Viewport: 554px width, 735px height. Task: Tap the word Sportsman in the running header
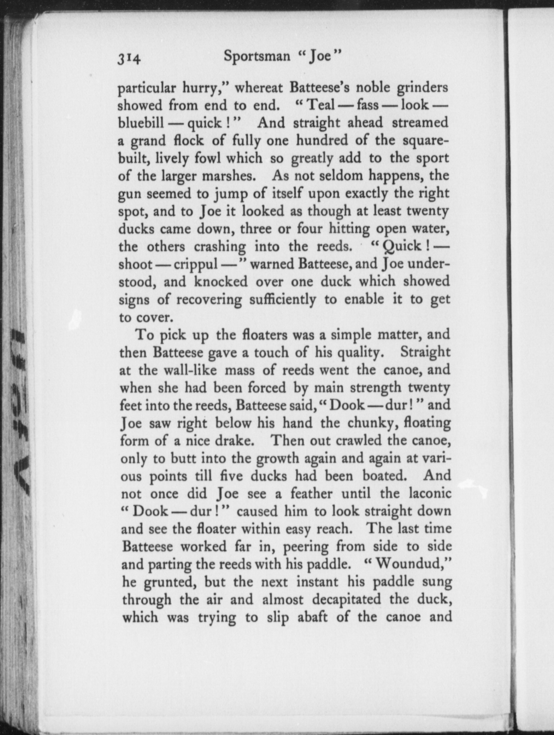tap(257, 56)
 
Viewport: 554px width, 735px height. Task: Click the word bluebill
tap(141, 123)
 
